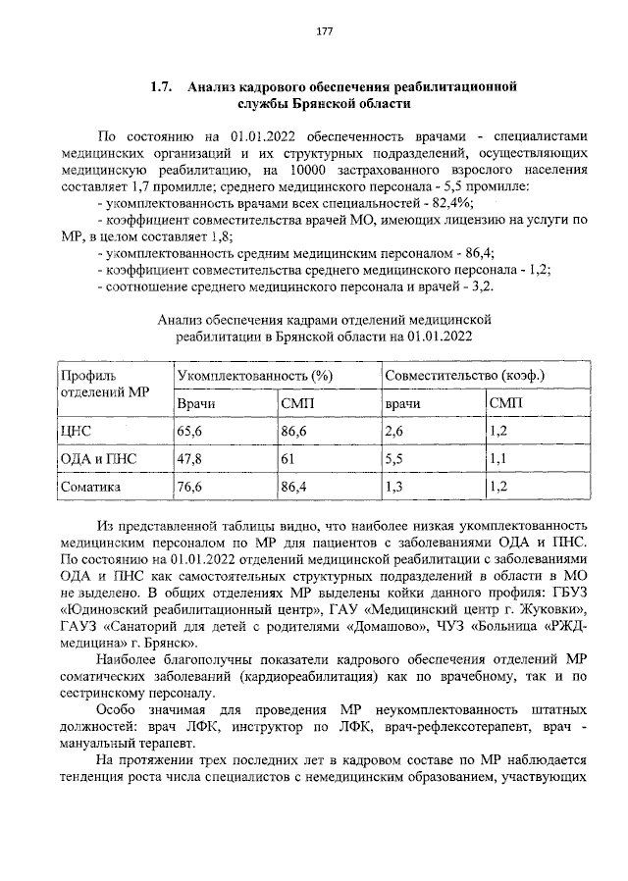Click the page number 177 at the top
(x=324, y=31)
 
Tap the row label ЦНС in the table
(x=76, y=430)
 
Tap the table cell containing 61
(x=288, y=458)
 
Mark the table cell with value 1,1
(x=497, y=458)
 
